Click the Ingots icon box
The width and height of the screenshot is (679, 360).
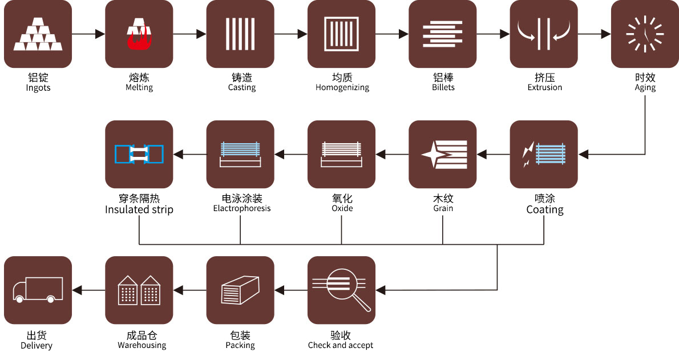coord(38,34)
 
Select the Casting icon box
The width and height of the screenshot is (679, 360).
coord(240,34)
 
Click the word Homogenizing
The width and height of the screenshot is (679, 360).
coord(342,88)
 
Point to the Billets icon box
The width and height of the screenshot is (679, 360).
coord(443,34)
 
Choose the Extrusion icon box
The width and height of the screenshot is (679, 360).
coord(544,34)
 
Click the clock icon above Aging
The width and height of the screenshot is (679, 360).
coord(645,34)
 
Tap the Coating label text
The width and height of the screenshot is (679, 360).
coord(544,210)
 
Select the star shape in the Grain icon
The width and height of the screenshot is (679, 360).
coord(433,155)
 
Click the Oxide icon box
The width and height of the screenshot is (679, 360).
coord(341,154)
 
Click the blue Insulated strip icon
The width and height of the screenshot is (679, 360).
coord(139,154)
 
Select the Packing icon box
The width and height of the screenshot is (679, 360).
coord(240,290)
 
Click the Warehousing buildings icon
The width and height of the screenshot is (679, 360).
coord(139,290)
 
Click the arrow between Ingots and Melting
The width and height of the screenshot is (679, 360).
coord(88,34)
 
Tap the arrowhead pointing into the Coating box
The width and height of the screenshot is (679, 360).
coord(583,154)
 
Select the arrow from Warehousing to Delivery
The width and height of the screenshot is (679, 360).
coord(88,290)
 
